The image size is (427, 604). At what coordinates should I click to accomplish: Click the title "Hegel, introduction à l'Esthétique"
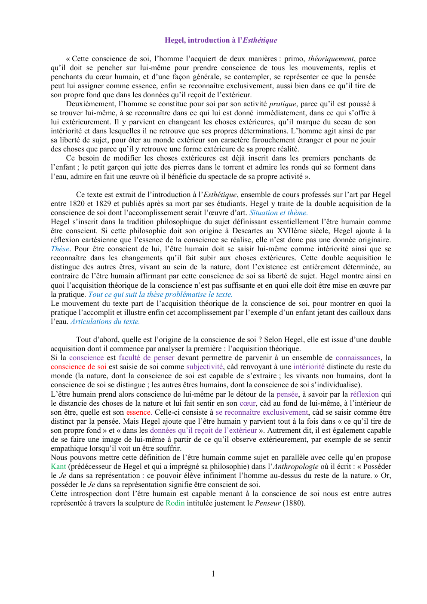[x=221, y=40]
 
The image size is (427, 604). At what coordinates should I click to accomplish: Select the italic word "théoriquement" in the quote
[x=331, y=59]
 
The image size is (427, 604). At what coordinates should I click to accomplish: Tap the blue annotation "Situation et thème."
[x=278, y=213]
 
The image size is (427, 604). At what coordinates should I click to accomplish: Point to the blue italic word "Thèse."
[x=61, y=249]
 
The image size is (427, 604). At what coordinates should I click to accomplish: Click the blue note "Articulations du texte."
[x=105, y=321]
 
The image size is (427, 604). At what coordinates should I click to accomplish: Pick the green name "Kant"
[x=58, y=466]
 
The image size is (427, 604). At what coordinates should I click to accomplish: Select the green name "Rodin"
[x=175, y=503]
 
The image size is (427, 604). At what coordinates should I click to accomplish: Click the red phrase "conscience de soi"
[x=78, y=367]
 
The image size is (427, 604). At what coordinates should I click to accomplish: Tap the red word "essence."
[x=139, y=412]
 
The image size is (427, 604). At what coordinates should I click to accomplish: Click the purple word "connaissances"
[x=358, y=357]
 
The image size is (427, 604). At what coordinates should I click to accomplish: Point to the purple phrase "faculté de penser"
[x=146, y=357]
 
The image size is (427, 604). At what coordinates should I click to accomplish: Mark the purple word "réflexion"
[x=364, y=394]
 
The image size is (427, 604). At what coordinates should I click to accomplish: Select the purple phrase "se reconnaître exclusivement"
[x=262, y=412]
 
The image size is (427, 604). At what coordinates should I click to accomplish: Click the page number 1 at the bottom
[x=213, y=573]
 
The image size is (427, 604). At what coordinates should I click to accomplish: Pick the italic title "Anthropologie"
[x=295, y=466]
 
